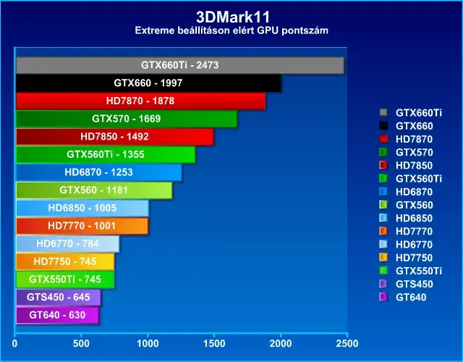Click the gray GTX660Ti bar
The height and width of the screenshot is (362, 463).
[180, 65]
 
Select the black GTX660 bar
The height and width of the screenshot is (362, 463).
[148, 83]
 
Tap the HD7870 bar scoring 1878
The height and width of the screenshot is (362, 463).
[140, 101]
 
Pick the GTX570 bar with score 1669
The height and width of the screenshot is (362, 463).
[127, 119]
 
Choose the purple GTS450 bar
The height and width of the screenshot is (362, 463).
[58, 298]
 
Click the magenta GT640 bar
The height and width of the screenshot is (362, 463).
[57, 316]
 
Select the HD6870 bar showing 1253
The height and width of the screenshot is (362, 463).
[99, 172]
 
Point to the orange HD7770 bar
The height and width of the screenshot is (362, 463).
[82, 226]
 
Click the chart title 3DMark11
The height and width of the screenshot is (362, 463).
[233, 17]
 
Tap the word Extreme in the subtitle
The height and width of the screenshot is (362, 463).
[154, 30]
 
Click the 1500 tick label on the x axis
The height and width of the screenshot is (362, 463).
[214, 343]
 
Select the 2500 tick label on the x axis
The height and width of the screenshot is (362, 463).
[347, 343]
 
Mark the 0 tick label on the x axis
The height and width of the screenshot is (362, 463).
[14, 343]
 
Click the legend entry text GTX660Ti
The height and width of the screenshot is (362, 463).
[419, 113]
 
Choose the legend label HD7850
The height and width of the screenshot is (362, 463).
[414, 166]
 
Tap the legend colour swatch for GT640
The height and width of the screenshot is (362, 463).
[383, 297]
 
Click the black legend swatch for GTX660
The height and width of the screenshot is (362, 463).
[383, 125]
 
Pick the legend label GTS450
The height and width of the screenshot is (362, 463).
[415, 284]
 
